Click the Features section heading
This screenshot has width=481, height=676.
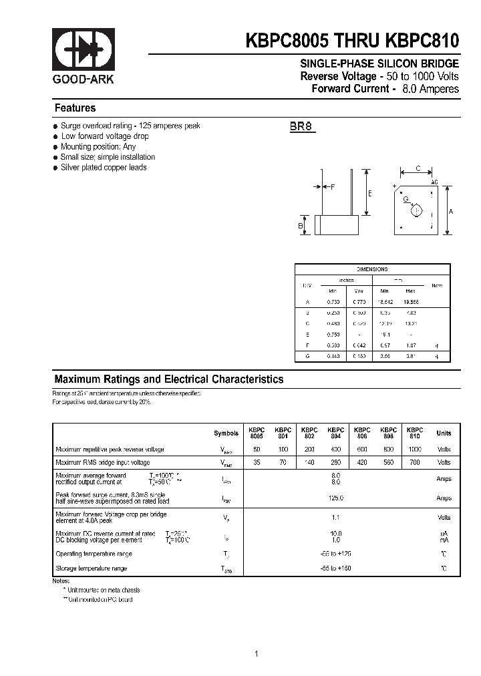coord(75,108)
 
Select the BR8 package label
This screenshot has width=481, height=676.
coord(301,126)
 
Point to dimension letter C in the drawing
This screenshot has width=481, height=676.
coord(418,170)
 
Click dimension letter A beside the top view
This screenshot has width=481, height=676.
coord(451,211)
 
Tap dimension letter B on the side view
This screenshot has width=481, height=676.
coord(301,226)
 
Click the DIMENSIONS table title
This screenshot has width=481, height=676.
coord(372,269)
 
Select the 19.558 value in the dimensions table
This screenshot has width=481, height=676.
coord(410,303)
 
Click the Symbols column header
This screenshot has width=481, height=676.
coord(226,434)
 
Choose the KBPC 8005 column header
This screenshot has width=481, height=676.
coord(257,433)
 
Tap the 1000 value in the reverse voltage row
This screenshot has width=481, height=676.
coord(414,450)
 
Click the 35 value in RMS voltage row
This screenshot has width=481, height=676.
coord(257,462)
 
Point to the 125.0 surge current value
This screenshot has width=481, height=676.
coord(335,498)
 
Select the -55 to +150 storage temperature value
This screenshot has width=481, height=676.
coord(335,568)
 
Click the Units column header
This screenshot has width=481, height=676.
coord(444,434)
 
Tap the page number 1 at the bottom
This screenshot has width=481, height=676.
coord(256,635)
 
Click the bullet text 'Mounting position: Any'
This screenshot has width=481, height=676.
coord(98,146)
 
